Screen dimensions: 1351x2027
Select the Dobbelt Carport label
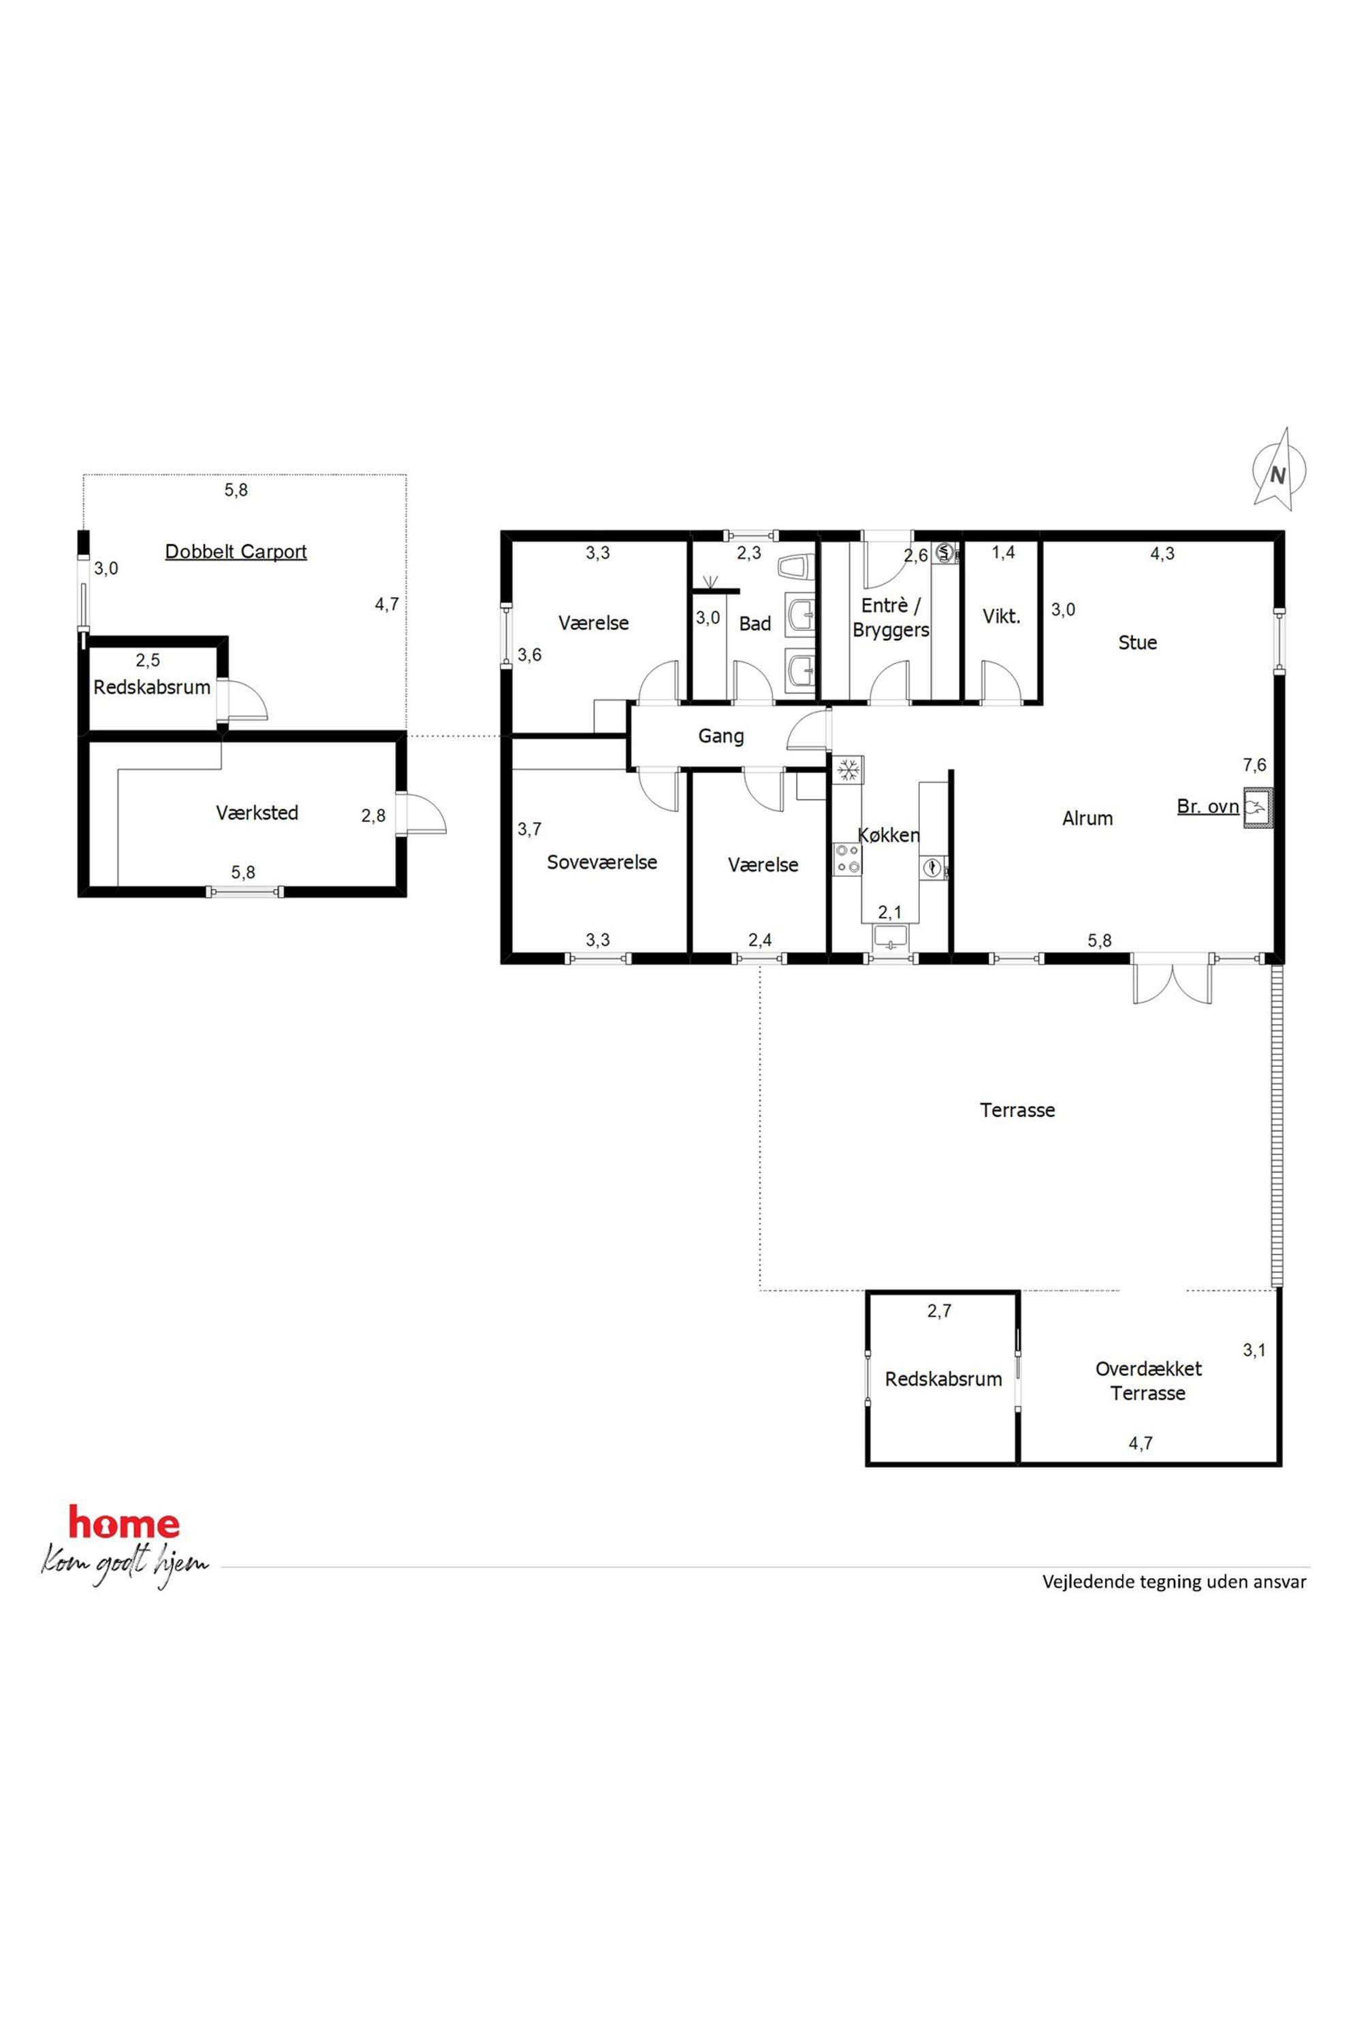click(236, 552)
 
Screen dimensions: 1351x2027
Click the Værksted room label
click(257, 813)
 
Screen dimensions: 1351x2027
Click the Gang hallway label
click(721, 737)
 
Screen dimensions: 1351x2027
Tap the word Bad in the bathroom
click(754, 624)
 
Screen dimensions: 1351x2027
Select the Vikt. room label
click(1001, 617)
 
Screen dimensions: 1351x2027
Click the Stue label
click(1137, 643)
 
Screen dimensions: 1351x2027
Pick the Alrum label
click(1087, 819)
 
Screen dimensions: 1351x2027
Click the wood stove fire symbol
click(1257, 808)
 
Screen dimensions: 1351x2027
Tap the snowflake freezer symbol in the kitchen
click(848, 770)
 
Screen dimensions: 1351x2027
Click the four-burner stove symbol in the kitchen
click(848, 858)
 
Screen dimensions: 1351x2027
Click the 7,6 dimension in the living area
click(1254, 764)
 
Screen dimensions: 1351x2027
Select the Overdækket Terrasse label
click(1149, 1381)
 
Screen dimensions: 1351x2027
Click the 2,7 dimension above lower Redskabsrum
click(939, 1311)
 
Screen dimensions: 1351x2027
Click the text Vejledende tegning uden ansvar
click(1175, 1582)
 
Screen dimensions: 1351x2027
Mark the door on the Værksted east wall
click(422, 815)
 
